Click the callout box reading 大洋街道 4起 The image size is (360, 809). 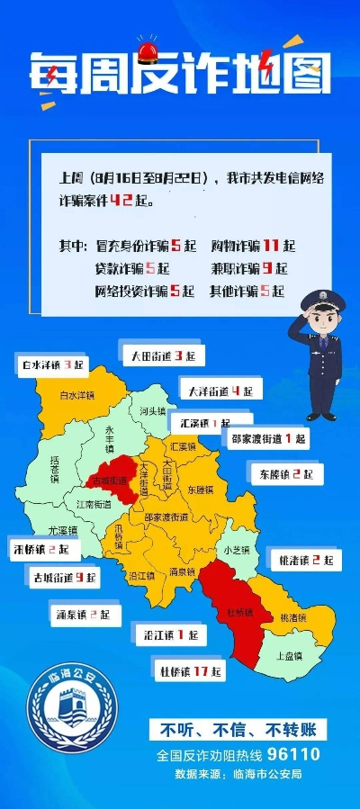pyautogui.click(x=220, y=391)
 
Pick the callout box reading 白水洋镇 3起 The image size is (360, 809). pyautogui.click(x=52, y=364)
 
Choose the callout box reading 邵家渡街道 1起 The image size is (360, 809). pyautogui.click(x=268, y=439)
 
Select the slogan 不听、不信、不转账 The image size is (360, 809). pyautogui.click(x=238, y=730)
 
